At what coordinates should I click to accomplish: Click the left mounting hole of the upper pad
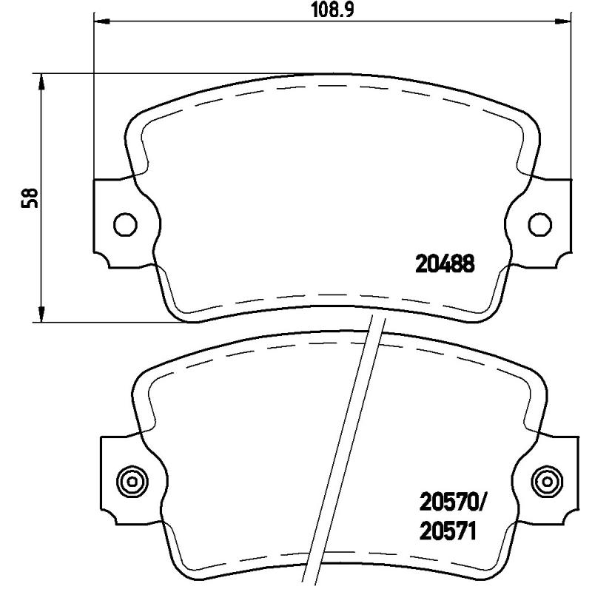pos(124,223)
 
